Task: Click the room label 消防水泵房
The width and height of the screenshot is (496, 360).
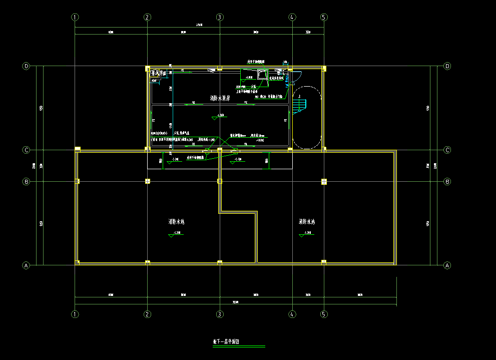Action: pyautogui.click(x=220, y=98)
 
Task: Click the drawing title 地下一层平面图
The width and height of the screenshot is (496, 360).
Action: pyautogui.click(x=226, y=342)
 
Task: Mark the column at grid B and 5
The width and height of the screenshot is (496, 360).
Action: pyautogui.click(x=324, y=181)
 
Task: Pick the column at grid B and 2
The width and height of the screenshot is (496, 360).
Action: pyautogui.click(x=147, y=181)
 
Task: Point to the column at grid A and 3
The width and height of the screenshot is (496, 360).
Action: pyautogui.click(x=219, y=262)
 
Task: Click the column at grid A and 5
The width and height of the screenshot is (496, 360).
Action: pyautogui.click(x=324, y=262)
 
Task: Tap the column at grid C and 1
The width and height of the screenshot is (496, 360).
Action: pyautogui.click(x=77, y=149)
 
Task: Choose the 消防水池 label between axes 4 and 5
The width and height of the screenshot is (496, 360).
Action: pyautogui.click(x=306, y=221)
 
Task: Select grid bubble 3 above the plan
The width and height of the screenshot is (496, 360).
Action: pyautogui.click(x=219, y=17)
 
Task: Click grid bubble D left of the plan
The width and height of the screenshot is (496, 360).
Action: pyautogui.click(x=27, y=66)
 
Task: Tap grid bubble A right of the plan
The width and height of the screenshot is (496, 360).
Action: pyautogui.click(x=447, y=265)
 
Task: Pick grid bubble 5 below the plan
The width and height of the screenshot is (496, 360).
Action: pyautogui.click(x=324, y=314)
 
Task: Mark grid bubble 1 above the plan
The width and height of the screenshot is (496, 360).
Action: pyautogui.click(x=75, y=17)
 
